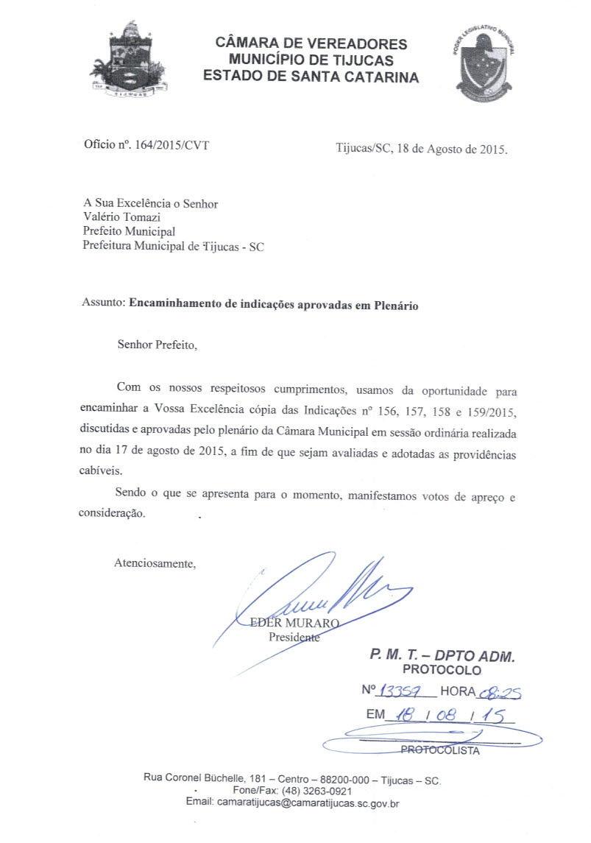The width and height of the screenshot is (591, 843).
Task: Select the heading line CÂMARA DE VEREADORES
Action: coord(311,43)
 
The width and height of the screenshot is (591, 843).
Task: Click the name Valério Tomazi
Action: coord(121,217)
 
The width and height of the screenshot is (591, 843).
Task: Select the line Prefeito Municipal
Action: coord(129,232)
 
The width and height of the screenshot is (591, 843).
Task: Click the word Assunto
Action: coord(103,304)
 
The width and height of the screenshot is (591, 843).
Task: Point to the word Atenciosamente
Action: coord(155,564)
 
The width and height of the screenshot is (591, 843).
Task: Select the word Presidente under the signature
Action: coord(294,637)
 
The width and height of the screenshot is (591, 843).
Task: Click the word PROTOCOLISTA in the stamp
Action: coord(440,751)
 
